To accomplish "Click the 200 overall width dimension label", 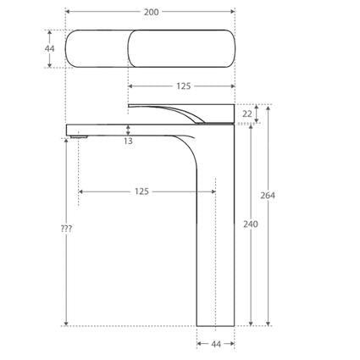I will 149,12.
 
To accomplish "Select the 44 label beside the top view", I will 49,48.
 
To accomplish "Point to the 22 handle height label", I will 246,114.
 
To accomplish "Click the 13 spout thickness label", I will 127,141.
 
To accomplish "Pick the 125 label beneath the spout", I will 141,191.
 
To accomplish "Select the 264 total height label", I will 268,196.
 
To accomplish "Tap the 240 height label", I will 251,224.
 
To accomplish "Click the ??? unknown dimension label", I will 66,230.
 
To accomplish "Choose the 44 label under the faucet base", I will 215,344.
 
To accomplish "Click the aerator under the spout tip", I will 79,136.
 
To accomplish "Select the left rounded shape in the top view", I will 97,49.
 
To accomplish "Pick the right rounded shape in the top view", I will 181,49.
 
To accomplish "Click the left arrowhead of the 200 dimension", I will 68,12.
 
